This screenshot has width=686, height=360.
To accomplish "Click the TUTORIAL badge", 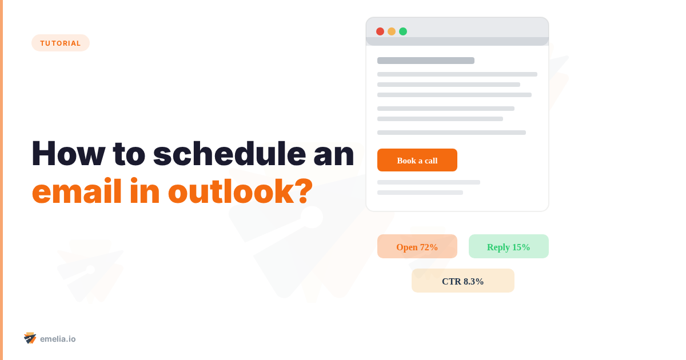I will click(x=60, y=43).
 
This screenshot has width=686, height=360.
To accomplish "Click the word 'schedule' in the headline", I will click(x=229, y=153).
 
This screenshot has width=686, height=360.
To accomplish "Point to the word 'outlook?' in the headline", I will click(x=240, y=191).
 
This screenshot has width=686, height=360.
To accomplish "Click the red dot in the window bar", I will click(x=380, y=31).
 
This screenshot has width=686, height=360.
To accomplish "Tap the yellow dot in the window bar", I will click(x=392, y=31).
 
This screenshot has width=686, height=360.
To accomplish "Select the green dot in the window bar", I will click(x=403, y=31).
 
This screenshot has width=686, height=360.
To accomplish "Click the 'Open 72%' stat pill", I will click(x=417, y=247).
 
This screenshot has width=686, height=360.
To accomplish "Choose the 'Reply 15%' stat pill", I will click(x=509, y=247).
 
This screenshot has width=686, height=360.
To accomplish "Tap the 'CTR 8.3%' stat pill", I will click(x=463, y=281).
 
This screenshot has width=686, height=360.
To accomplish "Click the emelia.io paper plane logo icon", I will click(x=30, y=338).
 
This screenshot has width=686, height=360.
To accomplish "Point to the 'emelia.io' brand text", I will click(x=58, y=339).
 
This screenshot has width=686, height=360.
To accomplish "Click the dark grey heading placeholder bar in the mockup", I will click(x=426, y=61).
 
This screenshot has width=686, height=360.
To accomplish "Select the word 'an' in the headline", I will click(x=334, y=153).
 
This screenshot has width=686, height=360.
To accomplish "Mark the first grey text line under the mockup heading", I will click(x=457, y=74).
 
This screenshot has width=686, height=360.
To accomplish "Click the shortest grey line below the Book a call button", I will click(x=420, y=193).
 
